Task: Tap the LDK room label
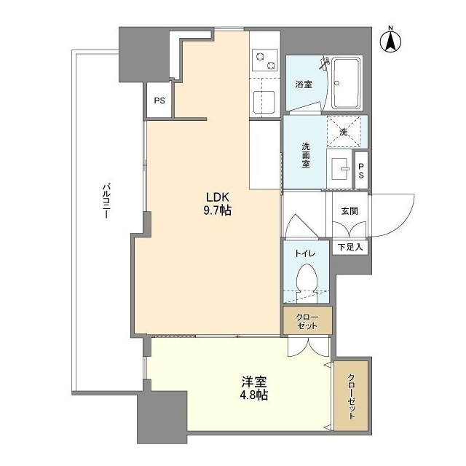[x=218, y=197]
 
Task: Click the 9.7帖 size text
[x=218, y=210]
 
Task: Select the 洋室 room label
[x=254, y=382]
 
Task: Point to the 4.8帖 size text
[x=254, y=395]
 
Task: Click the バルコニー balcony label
[x=106, y=201]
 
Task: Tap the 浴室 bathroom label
[x=304, y=84]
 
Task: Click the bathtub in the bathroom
[x=347, y=83]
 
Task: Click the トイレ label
[x=305, y=253]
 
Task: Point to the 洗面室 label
[x=306, y=155]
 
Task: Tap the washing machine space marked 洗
[x=344, y=131]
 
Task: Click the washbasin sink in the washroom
[x=340, y=169]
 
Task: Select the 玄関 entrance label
[x=349, y=211]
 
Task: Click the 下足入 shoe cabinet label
[x=350, y=247]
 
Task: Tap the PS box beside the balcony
[x=159, y=100]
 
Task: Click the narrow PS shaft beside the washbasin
[x=361, y=170]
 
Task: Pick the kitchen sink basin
[x=264, y=102]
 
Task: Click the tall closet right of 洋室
[x=351, y=396]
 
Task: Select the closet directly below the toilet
[x=307, y=320]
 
